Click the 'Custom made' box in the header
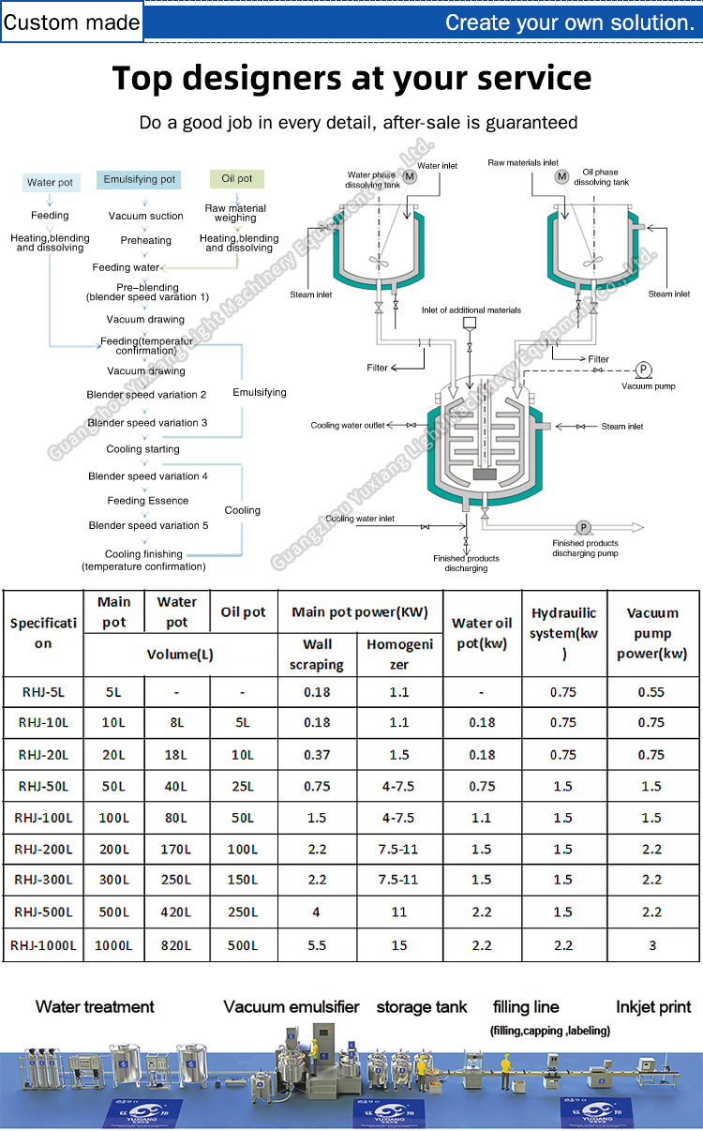(72, 22)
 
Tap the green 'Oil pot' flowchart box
(236, 178)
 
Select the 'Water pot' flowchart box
(50, 183)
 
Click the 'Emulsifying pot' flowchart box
(139, 178)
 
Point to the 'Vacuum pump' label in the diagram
(648, 385)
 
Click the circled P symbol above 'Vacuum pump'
(644, 369)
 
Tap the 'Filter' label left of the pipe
(377, 368)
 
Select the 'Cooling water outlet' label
(348, 426)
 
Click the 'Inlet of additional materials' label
(471, 309)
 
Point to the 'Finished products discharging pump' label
(585, 548)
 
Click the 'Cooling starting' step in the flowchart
(142, 449)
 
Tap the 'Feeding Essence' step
(147, 501)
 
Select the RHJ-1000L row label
(43, 945)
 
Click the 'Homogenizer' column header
(399, 655)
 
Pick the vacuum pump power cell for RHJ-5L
(651, 692)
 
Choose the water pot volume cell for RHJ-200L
(176, 850)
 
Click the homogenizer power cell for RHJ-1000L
(399, 945)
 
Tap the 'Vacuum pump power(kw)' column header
(652, 633)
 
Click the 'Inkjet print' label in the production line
(653, 1007)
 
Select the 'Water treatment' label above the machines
(95, 1007)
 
